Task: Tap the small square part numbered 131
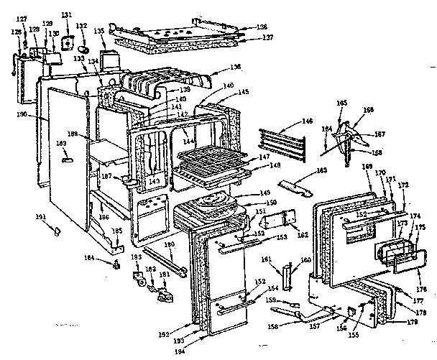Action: coord(68,40)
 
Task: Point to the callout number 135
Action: coord(99,31)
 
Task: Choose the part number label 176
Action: coord(422,289)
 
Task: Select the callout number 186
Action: coord(105,216)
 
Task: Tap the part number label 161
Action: coord(285,259)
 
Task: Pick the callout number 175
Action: coord(421,228)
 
